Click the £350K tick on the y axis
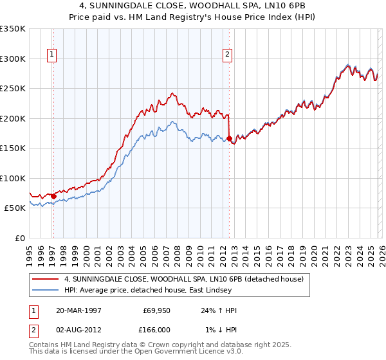(12, 29)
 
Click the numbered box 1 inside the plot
(52, 55)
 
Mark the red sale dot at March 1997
(53, 196)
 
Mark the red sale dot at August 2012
(229, 138)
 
